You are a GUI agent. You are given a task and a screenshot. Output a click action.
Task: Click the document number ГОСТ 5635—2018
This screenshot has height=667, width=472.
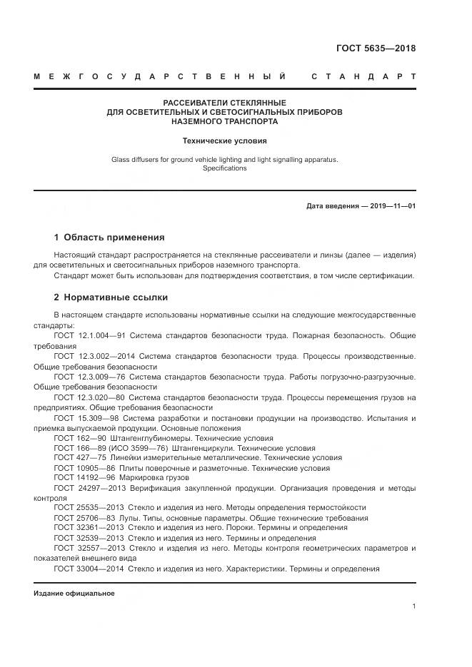click(x=376, y=49)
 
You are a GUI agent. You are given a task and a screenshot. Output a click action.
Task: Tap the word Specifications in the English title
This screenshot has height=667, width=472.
click(x=224, y=169)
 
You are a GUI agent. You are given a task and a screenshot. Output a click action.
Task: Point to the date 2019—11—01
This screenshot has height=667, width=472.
click(x=391, y=206)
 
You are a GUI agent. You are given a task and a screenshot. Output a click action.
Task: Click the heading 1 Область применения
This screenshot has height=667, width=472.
click(x=109, y=237)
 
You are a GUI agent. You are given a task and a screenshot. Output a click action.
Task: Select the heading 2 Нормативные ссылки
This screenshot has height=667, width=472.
click(x=111, y=297)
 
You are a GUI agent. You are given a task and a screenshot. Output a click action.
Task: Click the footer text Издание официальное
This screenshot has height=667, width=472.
click(x=74, y=593)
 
